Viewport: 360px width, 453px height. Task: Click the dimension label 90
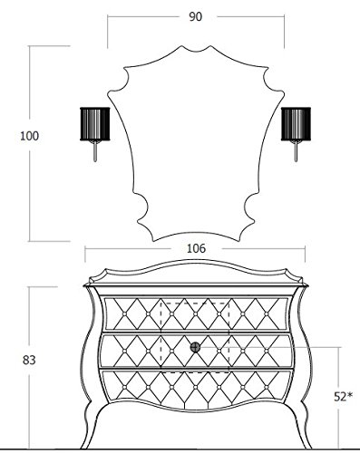195,17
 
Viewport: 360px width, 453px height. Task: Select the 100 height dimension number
29,136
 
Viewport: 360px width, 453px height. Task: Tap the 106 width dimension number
196,248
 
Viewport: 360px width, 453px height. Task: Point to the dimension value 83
29,360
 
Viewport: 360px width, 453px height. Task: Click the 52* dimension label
343,397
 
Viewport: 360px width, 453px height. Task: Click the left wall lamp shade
95,124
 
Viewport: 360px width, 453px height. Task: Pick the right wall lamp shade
296,124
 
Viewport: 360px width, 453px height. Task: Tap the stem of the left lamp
95,151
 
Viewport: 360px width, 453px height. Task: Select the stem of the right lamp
296,151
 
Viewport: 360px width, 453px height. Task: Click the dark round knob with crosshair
195,347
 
